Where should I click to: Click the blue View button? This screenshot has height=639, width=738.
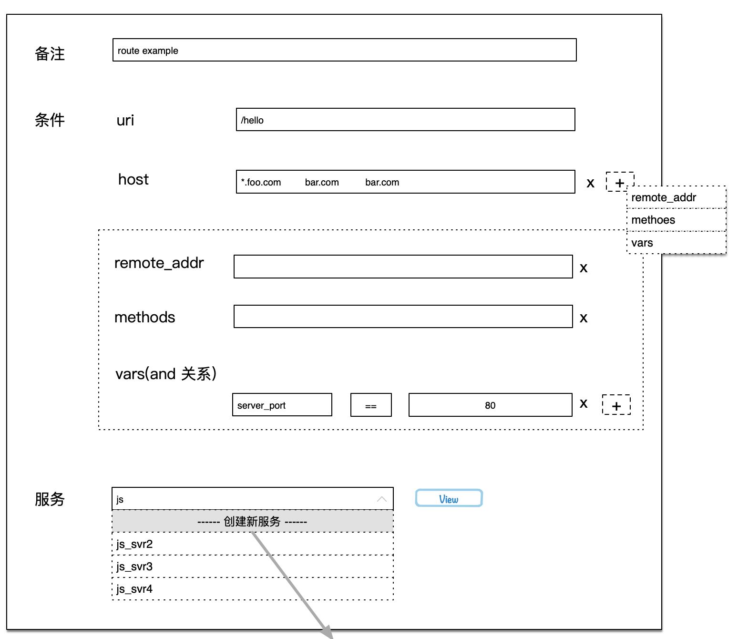tap(449, 498)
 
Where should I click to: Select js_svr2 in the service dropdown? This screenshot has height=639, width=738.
tap(252, 544)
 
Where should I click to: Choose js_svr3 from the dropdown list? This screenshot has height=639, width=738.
tap(252, 566)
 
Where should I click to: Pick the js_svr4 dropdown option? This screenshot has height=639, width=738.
tap(252, 588)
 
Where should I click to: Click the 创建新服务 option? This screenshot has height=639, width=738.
tap(252, 522)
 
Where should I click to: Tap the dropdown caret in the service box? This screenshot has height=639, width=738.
tap(382, 499)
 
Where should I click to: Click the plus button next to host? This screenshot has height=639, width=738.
tap(619, 182)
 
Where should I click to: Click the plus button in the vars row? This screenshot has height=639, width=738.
tap(616, 405)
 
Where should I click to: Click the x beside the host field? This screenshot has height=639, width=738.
tap(590, 183)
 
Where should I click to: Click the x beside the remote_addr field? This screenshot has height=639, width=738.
tap(584, 268)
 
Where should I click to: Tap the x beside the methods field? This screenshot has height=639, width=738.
tap(584, 318)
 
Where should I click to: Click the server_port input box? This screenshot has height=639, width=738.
tap(282, 405)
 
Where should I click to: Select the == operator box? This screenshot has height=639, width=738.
tap(371, 405)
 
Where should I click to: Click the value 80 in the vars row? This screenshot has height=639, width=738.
tap(490, 405)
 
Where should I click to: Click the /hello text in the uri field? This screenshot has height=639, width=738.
tap(252, 120)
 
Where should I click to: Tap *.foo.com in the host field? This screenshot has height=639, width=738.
tap(261, 182)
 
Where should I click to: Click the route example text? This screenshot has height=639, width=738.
tap(148, 51)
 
